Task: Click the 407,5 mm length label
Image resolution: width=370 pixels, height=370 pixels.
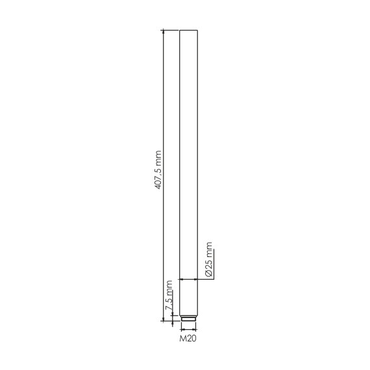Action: click(x=158, y=170)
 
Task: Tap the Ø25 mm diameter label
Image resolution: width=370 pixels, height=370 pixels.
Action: click(x=209, y=259)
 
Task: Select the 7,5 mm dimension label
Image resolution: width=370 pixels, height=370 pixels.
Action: click(x=169, y=295)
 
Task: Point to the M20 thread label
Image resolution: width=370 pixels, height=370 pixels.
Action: click(x=188, y=339)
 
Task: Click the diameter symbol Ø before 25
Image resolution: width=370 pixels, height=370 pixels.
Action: click(x=209, y=273)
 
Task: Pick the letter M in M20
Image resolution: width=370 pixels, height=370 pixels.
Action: click(x=183, y=339)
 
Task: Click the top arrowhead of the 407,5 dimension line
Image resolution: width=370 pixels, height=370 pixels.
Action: click(x=164, y=32)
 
